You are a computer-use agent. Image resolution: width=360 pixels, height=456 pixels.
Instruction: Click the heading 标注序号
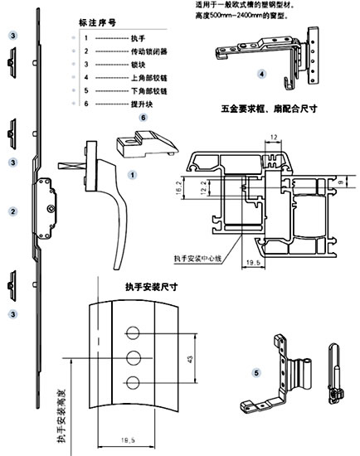coord(100,23)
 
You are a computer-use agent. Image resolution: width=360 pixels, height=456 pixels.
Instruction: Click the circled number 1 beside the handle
coord(133,177)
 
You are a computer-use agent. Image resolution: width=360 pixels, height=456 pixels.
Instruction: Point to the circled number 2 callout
coord(12,212)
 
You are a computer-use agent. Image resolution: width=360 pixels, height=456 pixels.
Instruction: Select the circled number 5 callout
coord(257,372)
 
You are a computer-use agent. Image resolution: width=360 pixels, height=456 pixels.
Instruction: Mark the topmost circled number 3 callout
coord(12,36)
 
